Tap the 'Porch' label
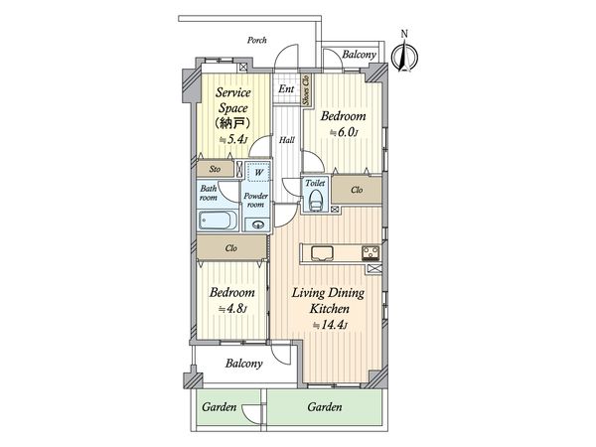tap(258, 42)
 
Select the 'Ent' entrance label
tap(286, 89)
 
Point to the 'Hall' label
tap(286, 140)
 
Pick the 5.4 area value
tap(236, 139)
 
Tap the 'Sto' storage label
tap(214, 170)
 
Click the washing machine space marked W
tap(258, 172)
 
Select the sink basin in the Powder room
tap(258, 224)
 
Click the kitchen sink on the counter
tap(323, 250)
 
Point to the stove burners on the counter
tap(370, 250)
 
